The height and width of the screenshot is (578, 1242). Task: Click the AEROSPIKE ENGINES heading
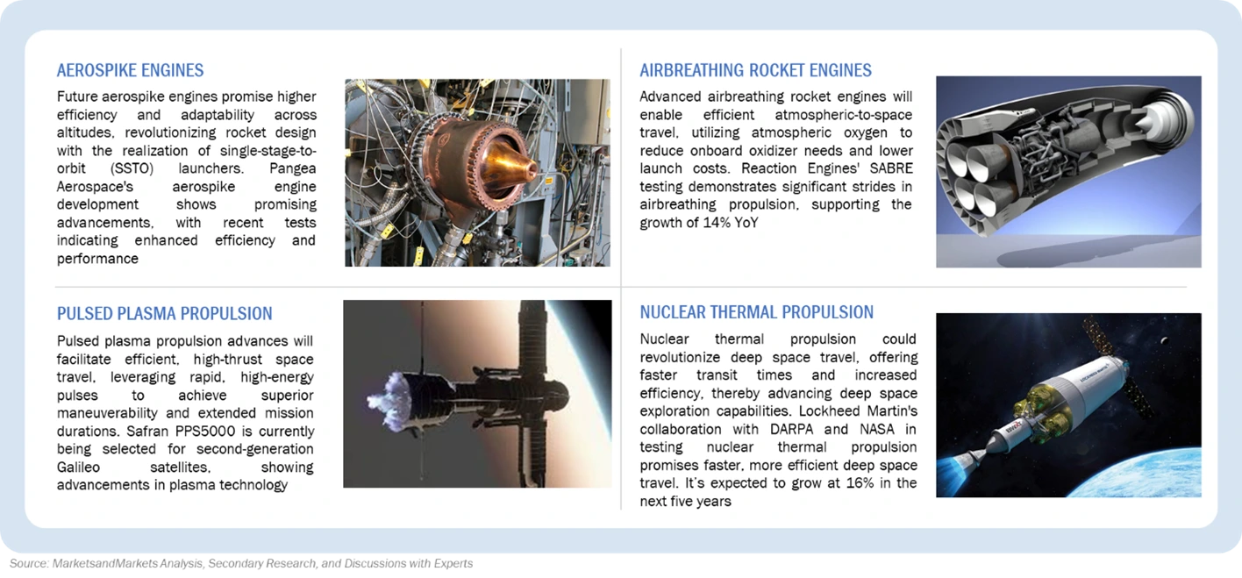click(x=131, y=70)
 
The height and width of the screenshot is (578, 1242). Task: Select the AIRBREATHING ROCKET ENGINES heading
click(x=756, y=70)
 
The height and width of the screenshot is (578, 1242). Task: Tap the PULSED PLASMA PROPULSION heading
click(x=165, y=313)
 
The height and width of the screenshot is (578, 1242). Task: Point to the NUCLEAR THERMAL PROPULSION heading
click(x=757, y=312)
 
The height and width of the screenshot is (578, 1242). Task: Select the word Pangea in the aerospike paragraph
click(x=293, y=168)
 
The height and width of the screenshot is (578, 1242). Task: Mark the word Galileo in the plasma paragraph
click(x=78, y=467)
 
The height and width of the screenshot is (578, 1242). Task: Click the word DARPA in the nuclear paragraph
click(x=791, y=430)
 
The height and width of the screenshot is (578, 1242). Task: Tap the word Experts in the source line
click(x=453, y=564)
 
